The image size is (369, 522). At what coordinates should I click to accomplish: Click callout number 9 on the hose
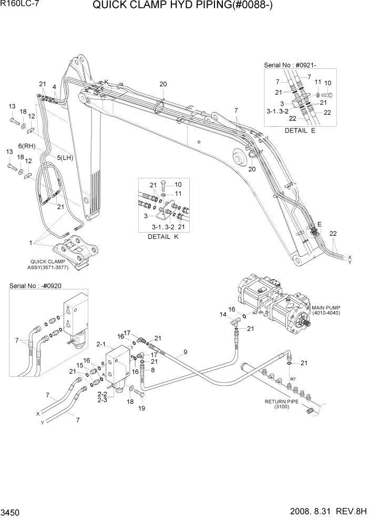coord(185,352)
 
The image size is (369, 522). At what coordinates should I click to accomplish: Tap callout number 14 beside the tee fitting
coord(223,315)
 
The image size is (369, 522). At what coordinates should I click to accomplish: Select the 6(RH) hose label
coord(26,146)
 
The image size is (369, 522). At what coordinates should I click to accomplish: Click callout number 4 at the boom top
coord(55,86)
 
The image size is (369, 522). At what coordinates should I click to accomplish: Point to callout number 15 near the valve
coord(80,366)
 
